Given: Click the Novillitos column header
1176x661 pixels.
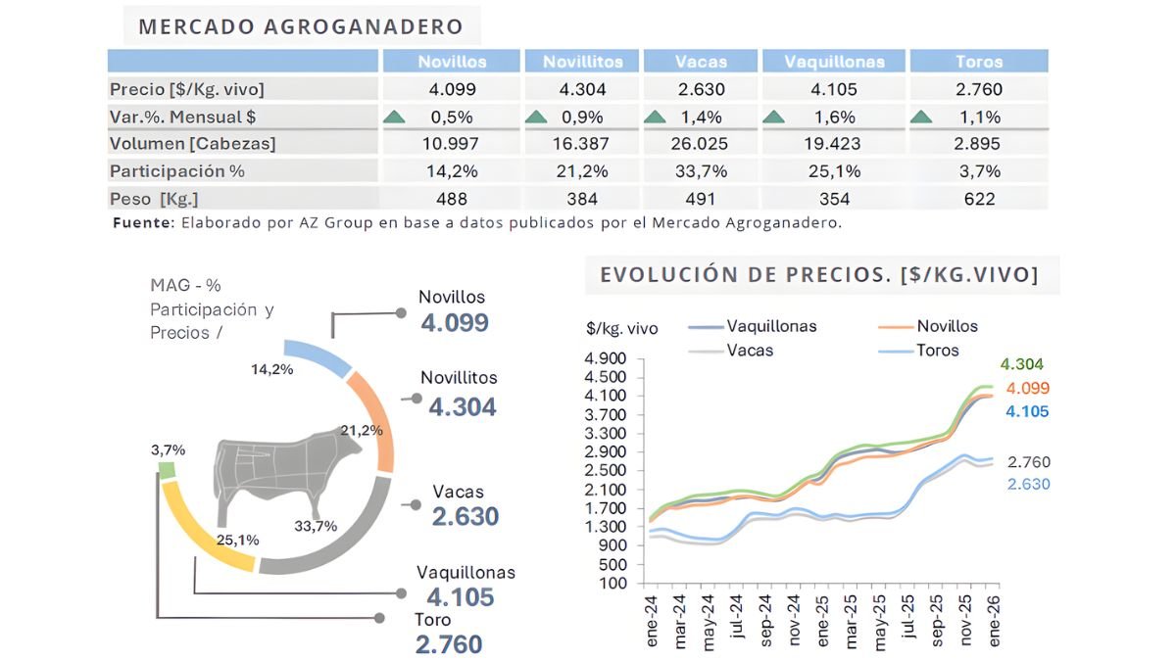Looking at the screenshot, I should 582,62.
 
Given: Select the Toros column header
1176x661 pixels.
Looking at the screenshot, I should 978,62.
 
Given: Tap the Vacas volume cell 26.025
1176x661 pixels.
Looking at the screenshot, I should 700,144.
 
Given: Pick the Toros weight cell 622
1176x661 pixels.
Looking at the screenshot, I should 978,199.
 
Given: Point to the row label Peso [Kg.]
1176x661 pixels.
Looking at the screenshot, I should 155,199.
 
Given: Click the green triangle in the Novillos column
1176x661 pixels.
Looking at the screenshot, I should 394,118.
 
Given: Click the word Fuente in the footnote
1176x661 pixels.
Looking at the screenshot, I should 142,222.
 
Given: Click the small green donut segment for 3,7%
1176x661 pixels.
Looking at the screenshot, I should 167,470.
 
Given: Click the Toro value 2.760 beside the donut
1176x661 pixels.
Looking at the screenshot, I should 449,645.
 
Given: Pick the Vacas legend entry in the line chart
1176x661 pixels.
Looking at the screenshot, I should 749,350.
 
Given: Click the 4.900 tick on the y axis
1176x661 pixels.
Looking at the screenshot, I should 608,358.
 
